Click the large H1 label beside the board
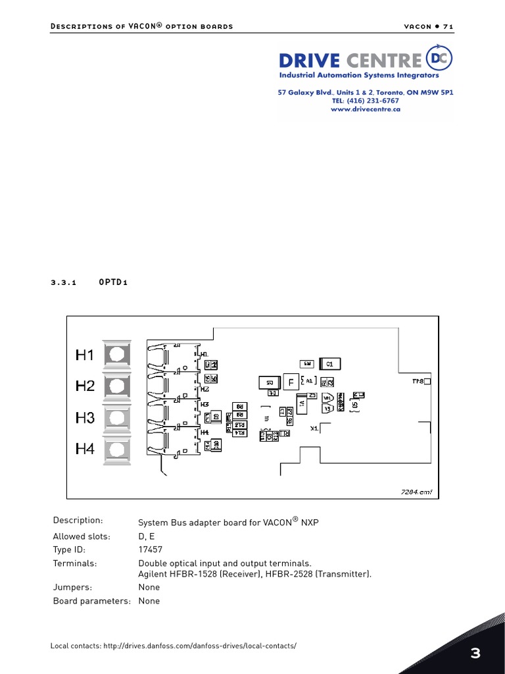[85, 355]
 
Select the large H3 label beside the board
[85, 418]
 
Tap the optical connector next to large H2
[117, 386]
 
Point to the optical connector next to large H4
[117, 450]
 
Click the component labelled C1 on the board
[330, 363]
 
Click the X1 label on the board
[314, 428]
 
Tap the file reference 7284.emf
[417, 492]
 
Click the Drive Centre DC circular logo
[439, 59]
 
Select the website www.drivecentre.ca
[366, 110]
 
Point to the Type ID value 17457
[150, 550]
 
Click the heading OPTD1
[113, 282]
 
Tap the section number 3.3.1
[64, 282]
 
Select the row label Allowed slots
[82, 536]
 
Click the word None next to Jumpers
[149, 587]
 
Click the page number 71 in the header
[448, 26]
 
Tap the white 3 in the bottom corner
[475, 654]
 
